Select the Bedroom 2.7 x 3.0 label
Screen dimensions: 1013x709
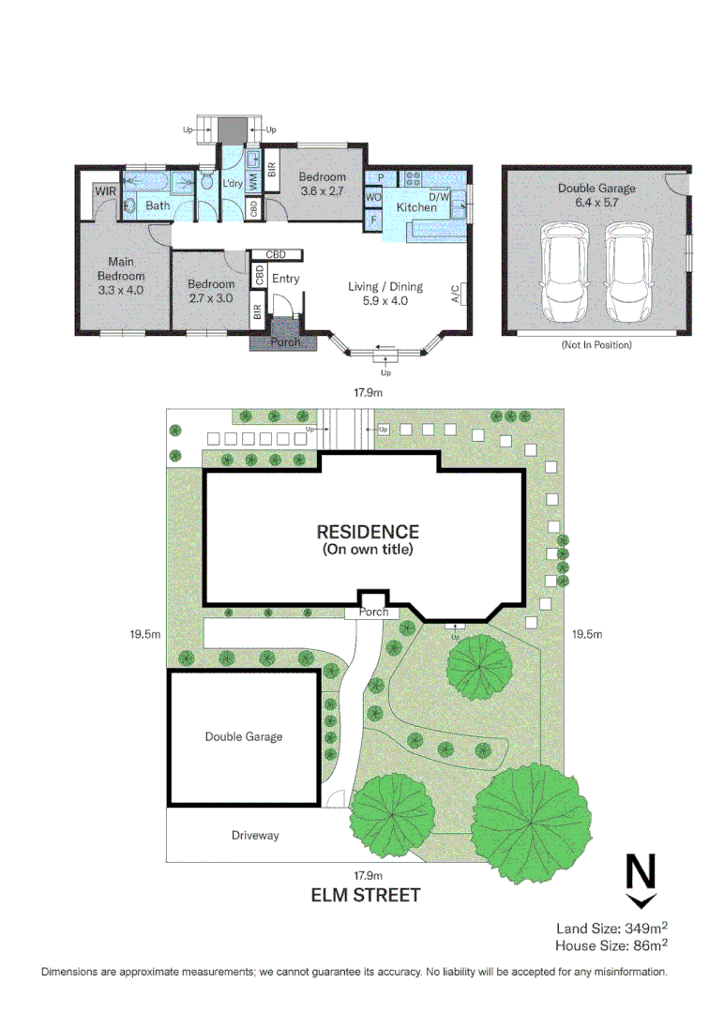(210, 291)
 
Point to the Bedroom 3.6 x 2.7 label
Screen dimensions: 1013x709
(322, 184)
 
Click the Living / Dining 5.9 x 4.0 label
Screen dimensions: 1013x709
(385, 294)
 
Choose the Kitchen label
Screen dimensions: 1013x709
(415, 207)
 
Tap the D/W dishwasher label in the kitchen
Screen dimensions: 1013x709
(439, 197)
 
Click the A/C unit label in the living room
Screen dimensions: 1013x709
(456, 295)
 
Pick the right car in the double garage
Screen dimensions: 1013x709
(628, 272)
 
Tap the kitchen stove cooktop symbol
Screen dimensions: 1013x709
(412, 177)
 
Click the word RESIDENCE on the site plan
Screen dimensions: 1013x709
(367, 532)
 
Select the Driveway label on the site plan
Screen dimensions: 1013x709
(255, 835)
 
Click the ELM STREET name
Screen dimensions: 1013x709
(366, 895)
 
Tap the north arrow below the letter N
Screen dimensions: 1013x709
(641, 900)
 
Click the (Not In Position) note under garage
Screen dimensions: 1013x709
(596, 345)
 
